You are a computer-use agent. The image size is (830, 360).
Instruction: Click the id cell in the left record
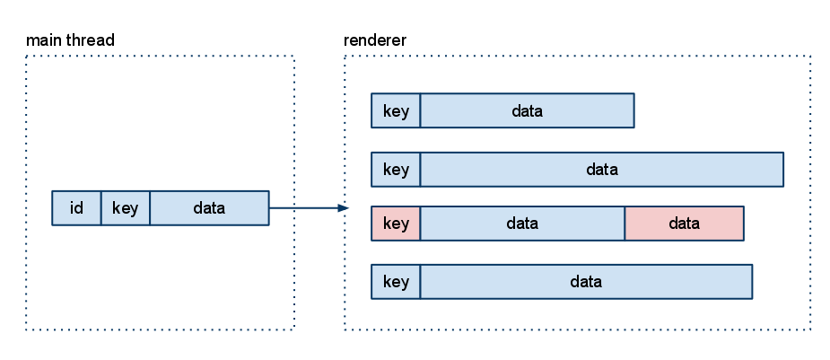[x=76, y=208]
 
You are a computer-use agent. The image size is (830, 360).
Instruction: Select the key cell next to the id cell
[x=125, y=208]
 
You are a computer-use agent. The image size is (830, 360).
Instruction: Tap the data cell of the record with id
[x=209, y=208]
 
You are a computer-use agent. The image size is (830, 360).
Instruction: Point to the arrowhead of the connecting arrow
[x=344, y=208]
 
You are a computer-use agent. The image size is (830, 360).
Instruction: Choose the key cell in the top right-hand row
[x=396, y=111]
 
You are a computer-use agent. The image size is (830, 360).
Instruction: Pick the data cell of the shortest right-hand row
[x=528, y=111]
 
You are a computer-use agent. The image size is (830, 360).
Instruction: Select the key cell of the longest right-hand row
[x=396, y=170]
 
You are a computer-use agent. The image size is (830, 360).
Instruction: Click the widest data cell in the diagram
[x=602, y=170]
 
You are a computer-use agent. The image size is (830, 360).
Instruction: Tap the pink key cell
[x=396, y=224]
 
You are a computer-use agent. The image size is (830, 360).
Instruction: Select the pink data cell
[x=684, y=224]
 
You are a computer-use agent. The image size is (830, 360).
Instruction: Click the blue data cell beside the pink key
[x=522, y=224]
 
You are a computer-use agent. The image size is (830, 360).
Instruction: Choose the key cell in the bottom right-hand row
[x=396, y=282]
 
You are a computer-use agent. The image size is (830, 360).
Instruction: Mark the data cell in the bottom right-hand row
[x=586, y=282]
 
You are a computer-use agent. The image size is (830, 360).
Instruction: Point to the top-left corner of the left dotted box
[x=27, y=57]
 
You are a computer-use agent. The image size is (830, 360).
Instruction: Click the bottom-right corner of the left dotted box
[x=294, y=329]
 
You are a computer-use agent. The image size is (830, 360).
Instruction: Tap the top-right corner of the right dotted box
[x=811, y=57]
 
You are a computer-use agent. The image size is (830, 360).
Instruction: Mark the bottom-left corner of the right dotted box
[x=345, y=329]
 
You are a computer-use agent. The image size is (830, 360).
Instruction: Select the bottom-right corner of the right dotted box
[x=811, y=329]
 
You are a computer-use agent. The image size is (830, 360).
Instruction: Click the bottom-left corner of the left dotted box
[x=27, y=329]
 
